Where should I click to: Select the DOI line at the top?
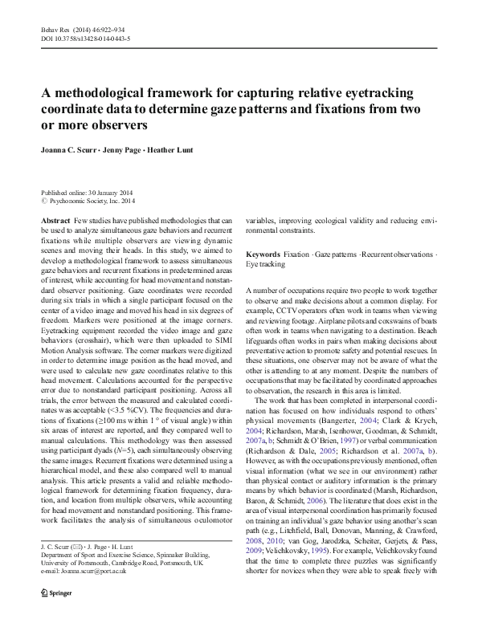tap(86, 38)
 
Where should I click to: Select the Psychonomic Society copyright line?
tap(88, 201)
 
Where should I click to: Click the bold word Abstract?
tap(55, 220)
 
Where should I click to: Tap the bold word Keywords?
tap(264, 254)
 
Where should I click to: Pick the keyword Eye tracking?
tap(265, 263)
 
